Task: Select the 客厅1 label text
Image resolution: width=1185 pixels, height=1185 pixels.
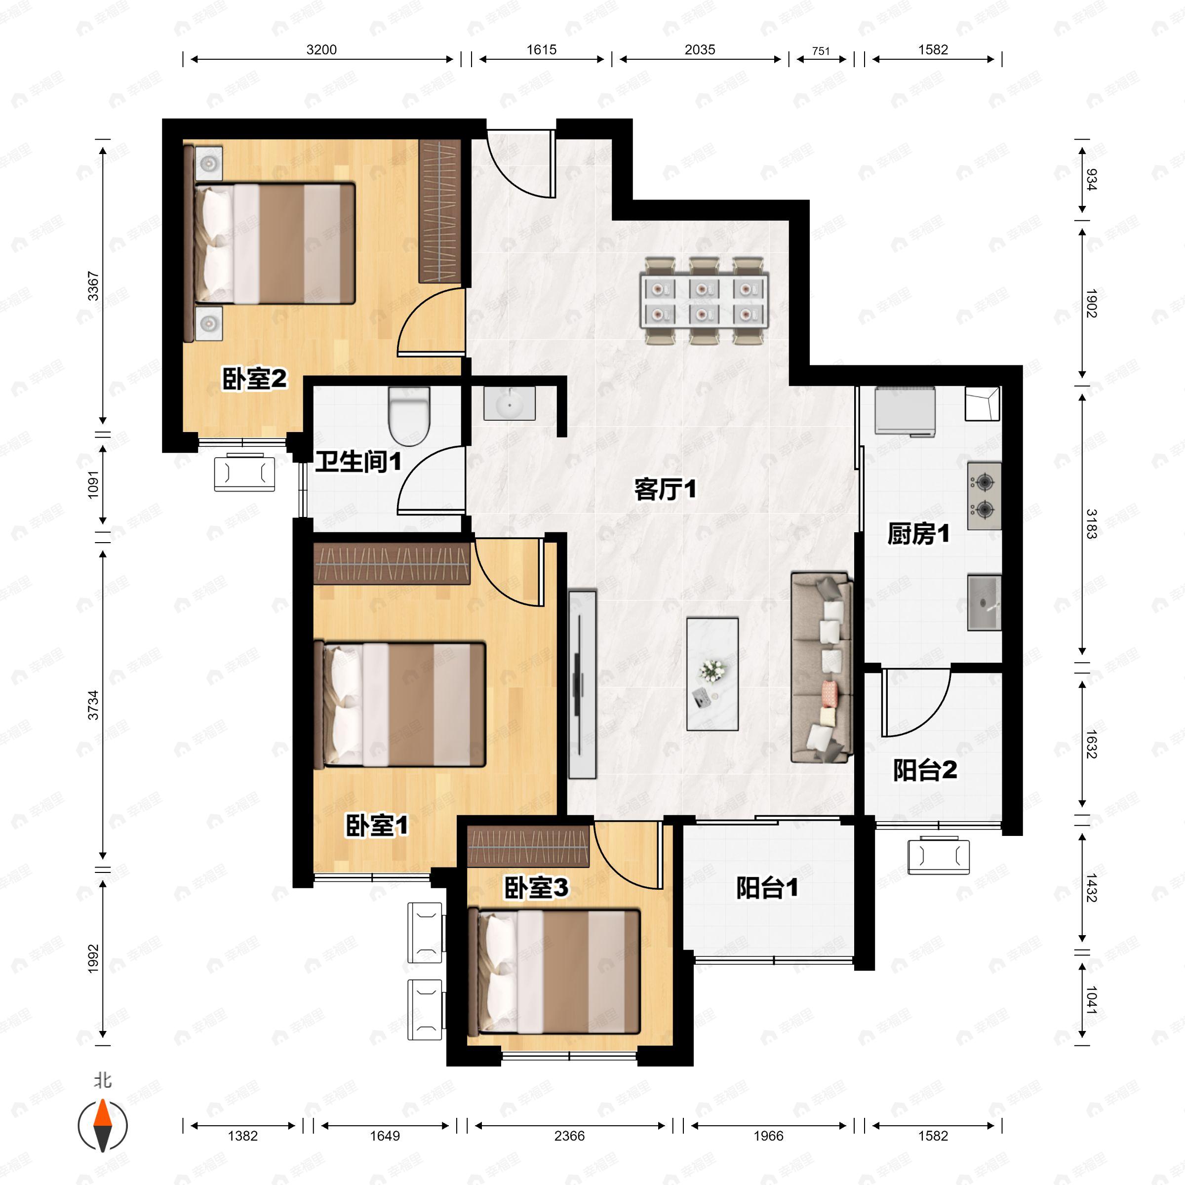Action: (665, 489)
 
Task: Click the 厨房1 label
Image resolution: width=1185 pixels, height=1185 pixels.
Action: (918, 534)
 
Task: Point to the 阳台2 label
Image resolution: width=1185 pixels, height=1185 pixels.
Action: (924, 770)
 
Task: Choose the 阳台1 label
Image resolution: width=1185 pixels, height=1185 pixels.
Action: (767, 888)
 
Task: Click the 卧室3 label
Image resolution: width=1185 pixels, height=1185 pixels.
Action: (536, 888)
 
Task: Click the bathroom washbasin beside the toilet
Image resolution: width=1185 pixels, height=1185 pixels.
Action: (509, 403)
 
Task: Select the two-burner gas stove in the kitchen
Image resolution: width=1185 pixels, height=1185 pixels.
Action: (984, 496)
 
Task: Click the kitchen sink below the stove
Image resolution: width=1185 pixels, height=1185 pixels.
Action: (984, 603)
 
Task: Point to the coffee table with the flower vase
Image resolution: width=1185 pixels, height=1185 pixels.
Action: (712, 674)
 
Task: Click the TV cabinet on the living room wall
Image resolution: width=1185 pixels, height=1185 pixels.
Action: (582, 684)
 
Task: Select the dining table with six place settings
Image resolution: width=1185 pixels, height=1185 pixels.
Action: (704, 301)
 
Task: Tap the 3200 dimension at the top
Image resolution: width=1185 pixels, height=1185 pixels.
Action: (321, 50)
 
